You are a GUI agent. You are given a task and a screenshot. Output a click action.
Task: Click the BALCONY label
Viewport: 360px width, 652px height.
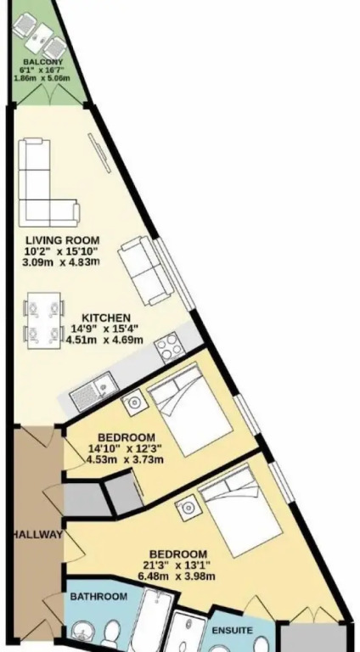point(40,62)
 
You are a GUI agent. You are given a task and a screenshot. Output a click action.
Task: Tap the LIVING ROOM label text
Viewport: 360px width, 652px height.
point(63,240)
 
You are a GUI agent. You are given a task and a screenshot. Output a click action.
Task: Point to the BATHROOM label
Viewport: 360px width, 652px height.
point(98,597)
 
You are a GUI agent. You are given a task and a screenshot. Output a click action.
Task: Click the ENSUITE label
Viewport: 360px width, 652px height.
point(233,631)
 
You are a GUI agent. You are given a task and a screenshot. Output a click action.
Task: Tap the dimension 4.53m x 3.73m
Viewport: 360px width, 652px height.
point(125,460)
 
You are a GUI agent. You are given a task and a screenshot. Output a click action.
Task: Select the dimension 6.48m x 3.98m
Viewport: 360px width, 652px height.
point(177,576)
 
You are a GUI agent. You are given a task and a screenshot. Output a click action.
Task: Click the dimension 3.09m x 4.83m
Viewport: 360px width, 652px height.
point(63,262)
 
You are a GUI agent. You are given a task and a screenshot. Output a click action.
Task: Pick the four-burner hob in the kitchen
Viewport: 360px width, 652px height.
point(170,346)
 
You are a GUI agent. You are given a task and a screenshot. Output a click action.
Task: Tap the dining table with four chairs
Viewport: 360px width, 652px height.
point(43,321)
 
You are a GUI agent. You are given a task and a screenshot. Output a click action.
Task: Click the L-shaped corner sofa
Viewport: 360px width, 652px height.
point(48,183)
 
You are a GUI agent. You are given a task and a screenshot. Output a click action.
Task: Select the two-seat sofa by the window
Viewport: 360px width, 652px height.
point(145,270)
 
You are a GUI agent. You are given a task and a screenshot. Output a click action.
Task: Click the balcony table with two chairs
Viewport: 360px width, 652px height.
point(40,37)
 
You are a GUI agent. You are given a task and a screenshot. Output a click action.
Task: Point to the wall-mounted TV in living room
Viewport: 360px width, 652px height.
point(100,153)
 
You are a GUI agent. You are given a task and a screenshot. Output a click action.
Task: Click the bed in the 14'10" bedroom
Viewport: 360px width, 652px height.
point(189,408)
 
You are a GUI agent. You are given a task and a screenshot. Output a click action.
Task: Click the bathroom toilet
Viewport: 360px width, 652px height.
point(112,633)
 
